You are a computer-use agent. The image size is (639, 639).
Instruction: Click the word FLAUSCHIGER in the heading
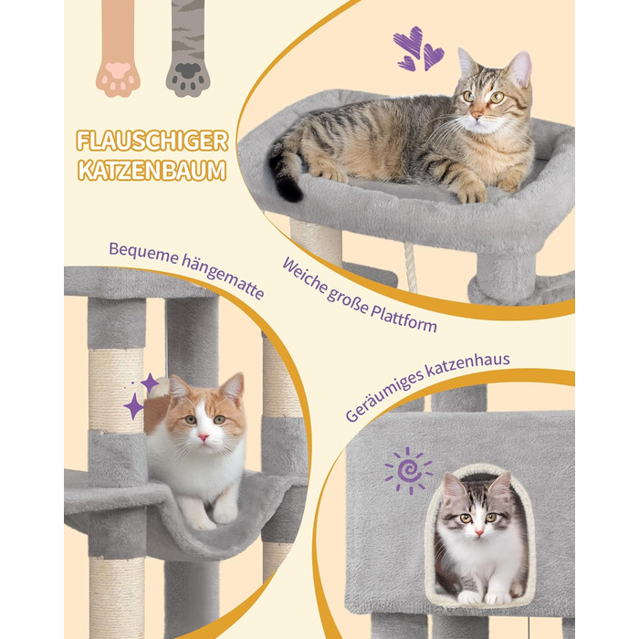pos(152,141)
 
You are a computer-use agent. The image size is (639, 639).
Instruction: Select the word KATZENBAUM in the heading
pos(152,171)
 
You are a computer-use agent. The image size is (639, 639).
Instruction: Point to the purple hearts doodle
pos(418,49)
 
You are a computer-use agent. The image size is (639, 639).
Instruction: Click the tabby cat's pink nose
pos(476,115)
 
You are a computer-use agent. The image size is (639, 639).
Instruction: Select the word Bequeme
pos(143,254)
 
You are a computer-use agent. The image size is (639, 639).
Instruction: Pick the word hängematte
pos(223,277)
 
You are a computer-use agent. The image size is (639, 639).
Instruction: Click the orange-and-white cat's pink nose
pos(203,437)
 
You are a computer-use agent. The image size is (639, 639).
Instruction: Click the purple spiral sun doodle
pos(408,471)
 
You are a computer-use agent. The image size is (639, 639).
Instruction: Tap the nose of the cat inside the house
pos(479,532)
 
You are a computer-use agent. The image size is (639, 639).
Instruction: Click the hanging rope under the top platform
pos(410,267)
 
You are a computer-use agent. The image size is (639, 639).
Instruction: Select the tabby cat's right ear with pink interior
pos(520,68)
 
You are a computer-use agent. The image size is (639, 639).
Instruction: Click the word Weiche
pos(305,278)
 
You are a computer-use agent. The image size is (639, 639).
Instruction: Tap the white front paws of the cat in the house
pos(485,597)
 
